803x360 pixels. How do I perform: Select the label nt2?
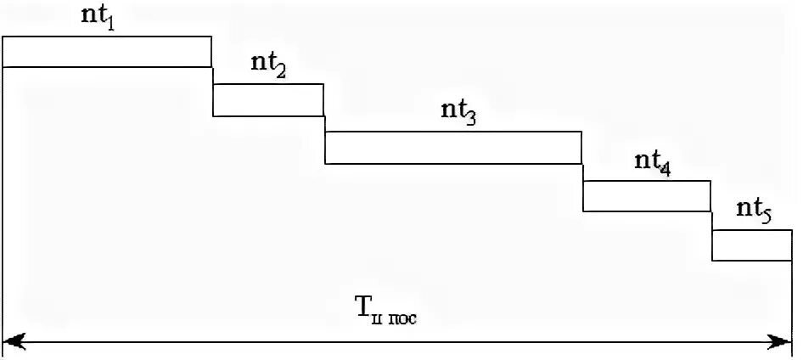268,67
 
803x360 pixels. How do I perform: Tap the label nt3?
458,114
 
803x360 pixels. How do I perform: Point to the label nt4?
652,163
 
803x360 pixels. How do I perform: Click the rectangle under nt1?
107,51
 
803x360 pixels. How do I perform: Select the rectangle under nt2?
268,99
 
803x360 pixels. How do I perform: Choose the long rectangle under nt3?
453,147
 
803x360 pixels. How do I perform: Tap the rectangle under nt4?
647,195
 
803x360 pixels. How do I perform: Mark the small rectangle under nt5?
752,245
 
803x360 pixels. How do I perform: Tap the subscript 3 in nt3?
470,119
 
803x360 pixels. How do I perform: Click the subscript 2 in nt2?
280,72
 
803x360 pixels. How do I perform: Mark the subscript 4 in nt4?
664,168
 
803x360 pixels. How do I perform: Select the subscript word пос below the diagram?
406,319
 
